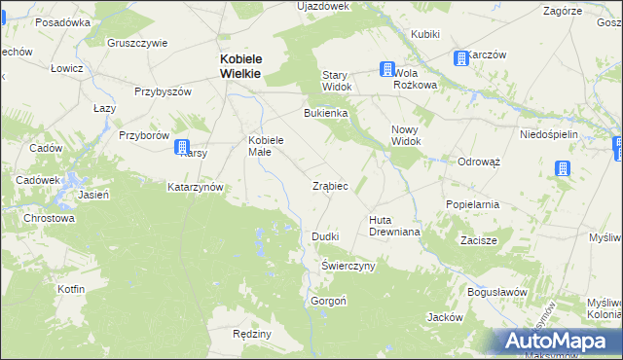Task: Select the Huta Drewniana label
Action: tap(393, 226)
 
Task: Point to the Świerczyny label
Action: tap(348, 266)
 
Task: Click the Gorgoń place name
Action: tap(327, 301)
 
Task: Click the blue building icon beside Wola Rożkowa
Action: tap(387, 70)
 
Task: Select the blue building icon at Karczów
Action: tap(460, 59)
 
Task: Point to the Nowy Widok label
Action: tap(406, 135)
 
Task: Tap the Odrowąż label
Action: tap(478, 162)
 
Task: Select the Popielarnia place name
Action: tap(472, 205)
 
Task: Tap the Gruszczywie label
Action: tap(137, 43)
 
